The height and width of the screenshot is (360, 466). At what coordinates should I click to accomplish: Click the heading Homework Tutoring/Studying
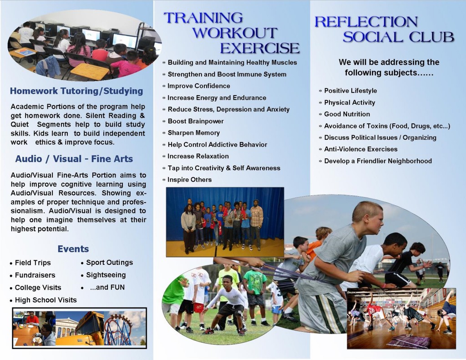coord(76,91)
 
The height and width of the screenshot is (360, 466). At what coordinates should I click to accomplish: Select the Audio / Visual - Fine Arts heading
coord(74,159)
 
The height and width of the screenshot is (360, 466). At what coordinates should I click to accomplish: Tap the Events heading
coord(73,249)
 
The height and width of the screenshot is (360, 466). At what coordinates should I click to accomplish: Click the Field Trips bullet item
coord(33,263)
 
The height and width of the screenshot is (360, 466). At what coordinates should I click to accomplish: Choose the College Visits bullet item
coord(38,288)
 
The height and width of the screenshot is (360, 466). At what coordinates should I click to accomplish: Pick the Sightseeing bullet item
coord(106,275)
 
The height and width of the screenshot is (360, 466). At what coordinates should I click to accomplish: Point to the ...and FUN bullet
coord(107,288)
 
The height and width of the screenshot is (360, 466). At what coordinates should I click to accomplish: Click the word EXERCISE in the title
coord(260,48)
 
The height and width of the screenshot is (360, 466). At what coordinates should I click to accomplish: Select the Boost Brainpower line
coord(196,121)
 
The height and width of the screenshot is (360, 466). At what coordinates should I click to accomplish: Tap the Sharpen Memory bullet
coord(194,133)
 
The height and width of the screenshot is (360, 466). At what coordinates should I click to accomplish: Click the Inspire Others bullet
coord(190,180)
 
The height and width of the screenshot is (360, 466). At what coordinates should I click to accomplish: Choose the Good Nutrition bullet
coord(347,114)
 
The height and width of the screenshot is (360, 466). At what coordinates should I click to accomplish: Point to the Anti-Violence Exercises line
coord(360,149)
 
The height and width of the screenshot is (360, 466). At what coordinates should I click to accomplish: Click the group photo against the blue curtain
coord(225,222)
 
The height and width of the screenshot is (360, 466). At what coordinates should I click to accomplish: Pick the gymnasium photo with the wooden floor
coord(401,319)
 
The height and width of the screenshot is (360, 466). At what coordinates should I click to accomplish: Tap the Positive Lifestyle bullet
coord(350,91)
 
